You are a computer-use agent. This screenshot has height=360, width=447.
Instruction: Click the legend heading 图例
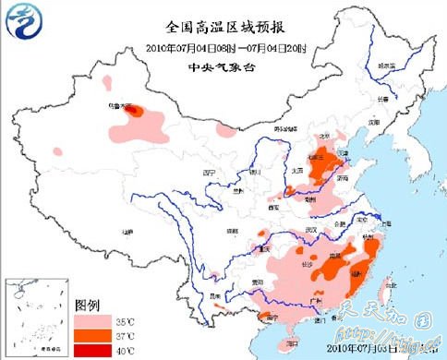88,305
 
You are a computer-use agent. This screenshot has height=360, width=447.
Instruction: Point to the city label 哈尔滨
382,66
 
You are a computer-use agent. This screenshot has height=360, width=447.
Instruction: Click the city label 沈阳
373,121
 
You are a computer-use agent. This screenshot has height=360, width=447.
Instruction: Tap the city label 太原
297,171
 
